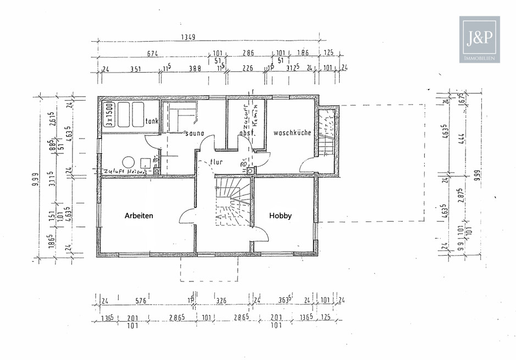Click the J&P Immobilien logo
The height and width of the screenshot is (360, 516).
pyautogui.click(x=479, y=39)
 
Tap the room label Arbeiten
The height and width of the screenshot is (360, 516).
pyautogui.click(x=140, y=216)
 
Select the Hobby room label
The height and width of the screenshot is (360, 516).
pyautogui.click(x=280, y=216)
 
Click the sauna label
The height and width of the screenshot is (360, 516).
pyautogui.click(x=195, y=133)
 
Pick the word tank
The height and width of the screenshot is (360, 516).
pyautogui.click(x=152, y=122)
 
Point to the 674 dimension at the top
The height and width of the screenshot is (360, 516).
pyautogui.click(x=152, y=53)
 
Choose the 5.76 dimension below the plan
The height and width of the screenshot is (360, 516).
pyautogui.click(x=140, y=301)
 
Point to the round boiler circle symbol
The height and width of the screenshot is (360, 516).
pyautogui.click(x=128, y=162)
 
